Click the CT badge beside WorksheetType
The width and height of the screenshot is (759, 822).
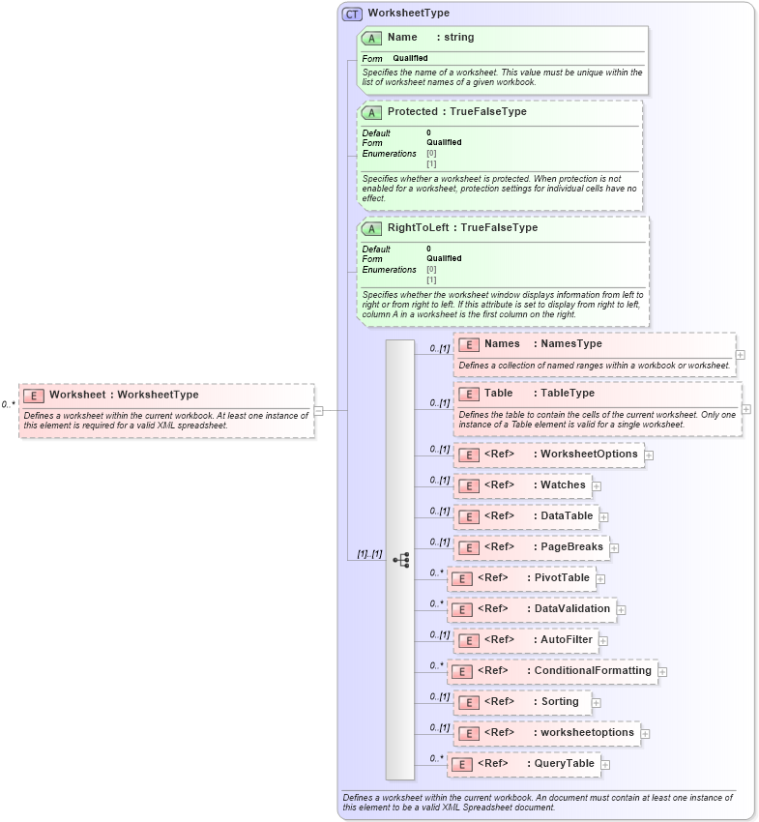pos(352,14)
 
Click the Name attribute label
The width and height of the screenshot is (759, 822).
pos(402,38)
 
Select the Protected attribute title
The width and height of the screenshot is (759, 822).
pos(456,112)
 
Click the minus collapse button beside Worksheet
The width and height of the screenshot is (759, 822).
pos(318,411)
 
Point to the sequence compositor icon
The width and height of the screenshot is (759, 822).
pos(400,560)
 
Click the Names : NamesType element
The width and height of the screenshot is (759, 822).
pos(594,353)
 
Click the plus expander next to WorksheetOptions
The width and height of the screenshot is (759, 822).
pos(649,455)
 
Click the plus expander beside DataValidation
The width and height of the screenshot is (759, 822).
pos(621,610)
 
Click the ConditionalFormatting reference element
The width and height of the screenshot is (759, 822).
pos(552,671)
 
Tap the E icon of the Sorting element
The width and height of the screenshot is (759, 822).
pos(468,703)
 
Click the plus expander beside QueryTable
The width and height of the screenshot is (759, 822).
pos(605,765)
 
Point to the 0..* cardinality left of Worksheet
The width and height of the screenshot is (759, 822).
pos(8,405)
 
